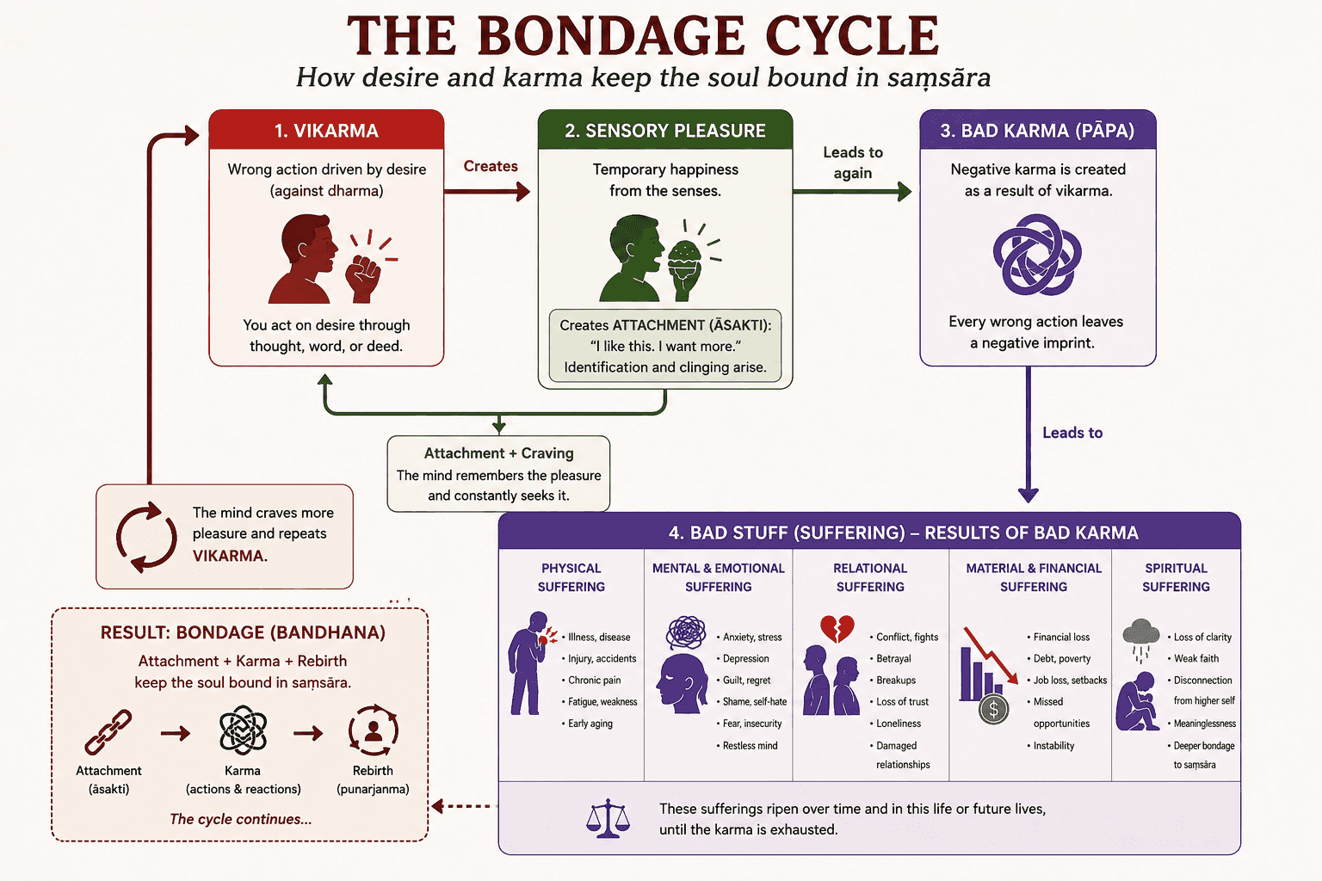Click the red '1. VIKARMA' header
tap(326, 130)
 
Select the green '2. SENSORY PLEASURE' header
tap(665, 130)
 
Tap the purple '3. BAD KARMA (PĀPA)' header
tap(1037, 130)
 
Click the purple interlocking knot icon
tap(1037, 255)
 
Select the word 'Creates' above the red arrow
tap(491, 166)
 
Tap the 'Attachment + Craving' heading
tap(498, 453)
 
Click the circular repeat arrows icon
tap(145, 537)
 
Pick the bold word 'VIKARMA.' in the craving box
tap(230, 556)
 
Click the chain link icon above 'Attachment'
tap(108, 732)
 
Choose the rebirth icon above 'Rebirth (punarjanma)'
tap(373, 730)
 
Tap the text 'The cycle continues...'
tap(240, 819)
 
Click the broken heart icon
tap(837, 629)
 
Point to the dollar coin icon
tap(993, 709)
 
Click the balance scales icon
tap(608, 819)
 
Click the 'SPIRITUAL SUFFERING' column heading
tap(1176, 577)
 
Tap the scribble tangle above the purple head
tap(686, 632)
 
